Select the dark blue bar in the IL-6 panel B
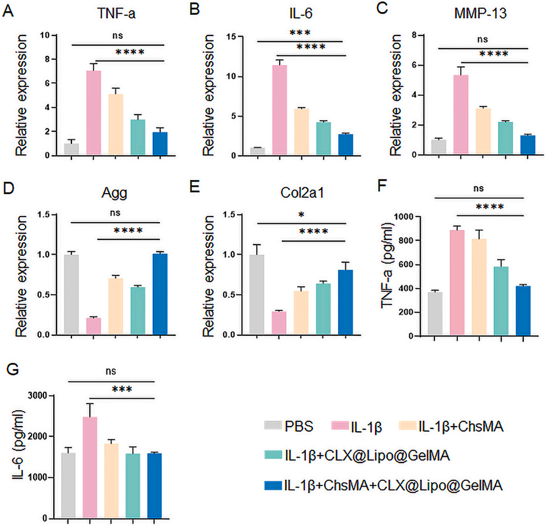tap(345, 144)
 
